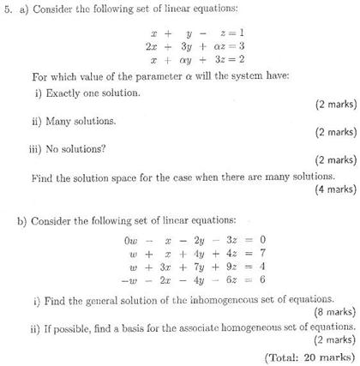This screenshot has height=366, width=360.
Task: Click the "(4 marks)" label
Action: coord(333,189)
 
